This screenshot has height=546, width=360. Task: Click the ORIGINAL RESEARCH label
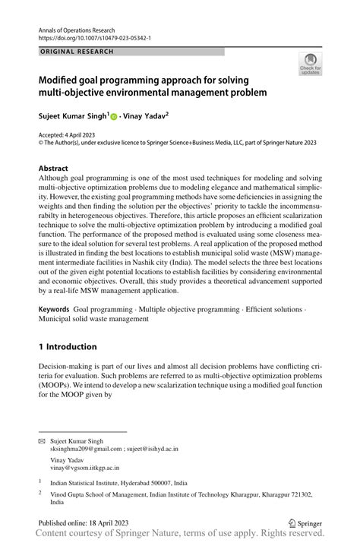76,52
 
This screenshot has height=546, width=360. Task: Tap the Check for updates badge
309,64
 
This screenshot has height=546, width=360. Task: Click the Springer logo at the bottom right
301,522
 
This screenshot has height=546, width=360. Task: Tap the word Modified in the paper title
63,80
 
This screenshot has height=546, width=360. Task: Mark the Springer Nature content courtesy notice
180,536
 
